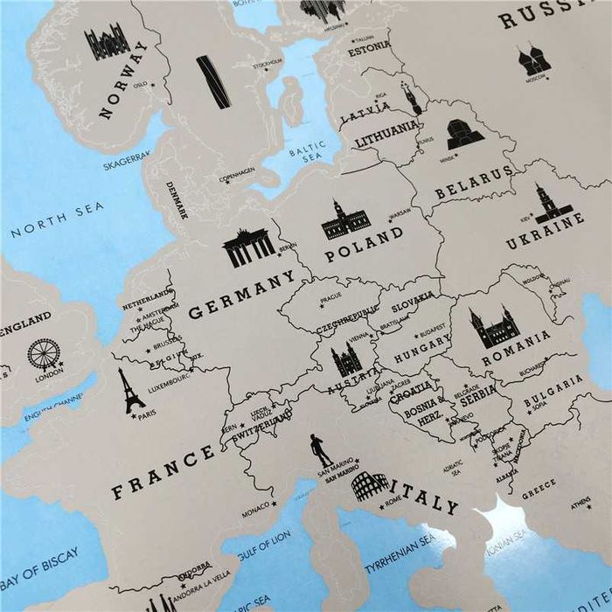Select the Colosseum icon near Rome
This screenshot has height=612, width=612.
point(370,488)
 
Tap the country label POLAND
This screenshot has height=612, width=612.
point(364,244)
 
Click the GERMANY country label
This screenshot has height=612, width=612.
point(241,295)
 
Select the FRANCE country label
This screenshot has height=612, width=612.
point(163,470)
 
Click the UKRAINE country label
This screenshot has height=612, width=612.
point(545,233)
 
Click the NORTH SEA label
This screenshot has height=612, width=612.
point(58,219)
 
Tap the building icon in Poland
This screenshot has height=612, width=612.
point(346,220)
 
